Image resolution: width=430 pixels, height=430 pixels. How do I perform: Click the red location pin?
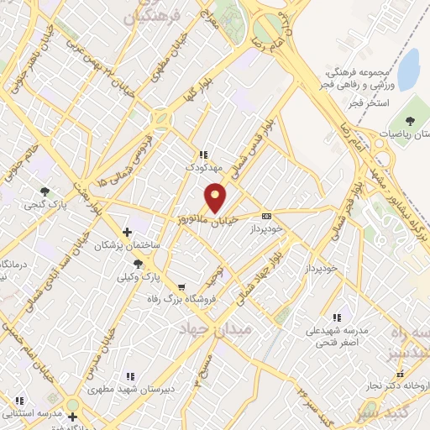(216, 198)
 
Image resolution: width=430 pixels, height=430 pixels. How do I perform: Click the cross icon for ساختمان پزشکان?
(127, 231)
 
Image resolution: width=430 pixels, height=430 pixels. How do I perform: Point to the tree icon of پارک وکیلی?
(138, 263)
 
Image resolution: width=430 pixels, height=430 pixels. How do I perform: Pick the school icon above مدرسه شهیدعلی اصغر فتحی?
(336, 317)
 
